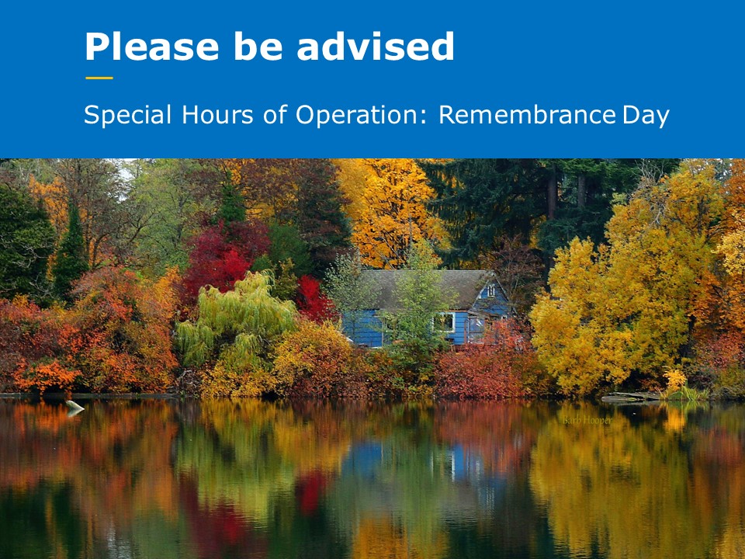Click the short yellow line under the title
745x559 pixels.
pos(99,78)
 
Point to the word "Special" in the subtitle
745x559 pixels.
pos(128,116)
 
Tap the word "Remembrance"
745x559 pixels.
pos(527,116)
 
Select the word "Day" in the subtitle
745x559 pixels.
pos(646,116)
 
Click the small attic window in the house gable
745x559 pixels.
pos(490,290)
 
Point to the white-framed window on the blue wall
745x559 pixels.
pos(445,321)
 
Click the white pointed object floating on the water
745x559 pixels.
pos(74,406)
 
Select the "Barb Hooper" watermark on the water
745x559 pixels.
pos(587,420)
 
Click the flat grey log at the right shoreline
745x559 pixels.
pos(630,397)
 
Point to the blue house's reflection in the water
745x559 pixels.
pos(419,462)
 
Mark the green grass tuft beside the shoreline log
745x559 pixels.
pos(676,387)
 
